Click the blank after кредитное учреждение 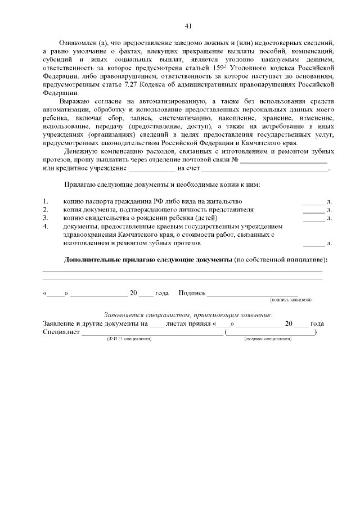click(152, 168)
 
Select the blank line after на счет click(264, 168)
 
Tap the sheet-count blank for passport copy click(314, 201)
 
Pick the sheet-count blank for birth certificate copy click(314, 218)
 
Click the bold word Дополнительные click(91, 260)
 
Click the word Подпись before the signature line click(192, 293)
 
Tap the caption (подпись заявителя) click(291, 300)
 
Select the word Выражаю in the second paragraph click(76, 101)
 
